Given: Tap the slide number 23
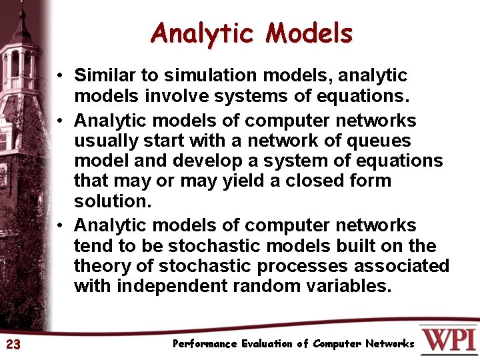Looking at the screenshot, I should (13, 345).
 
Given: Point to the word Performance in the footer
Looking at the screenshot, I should (205, 344).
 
